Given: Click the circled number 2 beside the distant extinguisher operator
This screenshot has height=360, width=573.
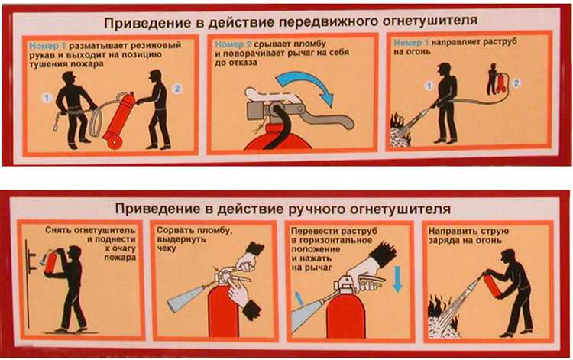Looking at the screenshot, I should [518, 82].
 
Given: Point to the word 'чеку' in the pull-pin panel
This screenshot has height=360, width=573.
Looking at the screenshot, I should [168, 248].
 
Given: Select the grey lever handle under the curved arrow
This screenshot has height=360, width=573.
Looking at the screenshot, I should [332, 121].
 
